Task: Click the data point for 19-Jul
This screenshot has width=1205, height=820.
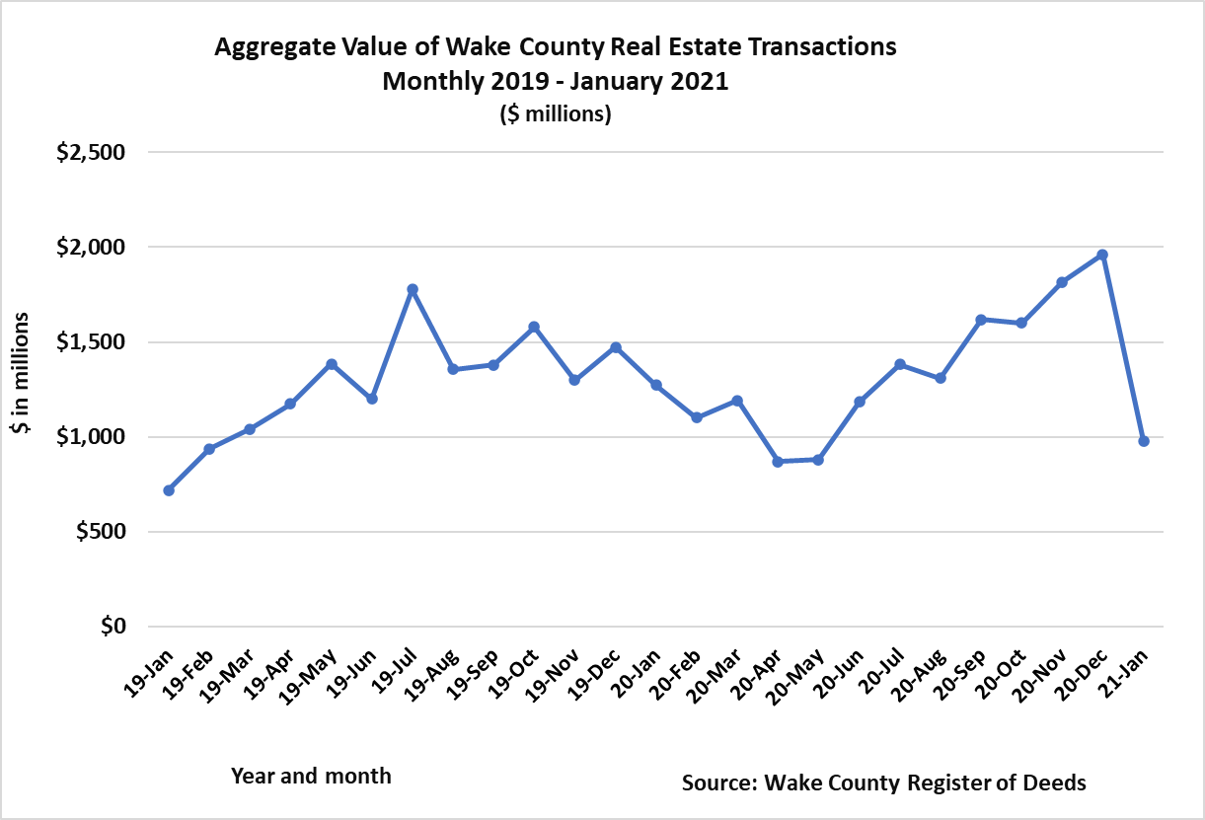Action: coord(413,289)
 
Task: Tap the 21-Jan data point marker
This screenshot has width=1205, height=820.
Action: coord(1144,441)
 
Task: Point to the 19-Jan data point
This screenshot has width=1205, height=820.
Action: coord(169,490)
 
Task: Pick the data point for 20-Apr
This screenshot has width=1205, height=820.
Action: coord(778,461)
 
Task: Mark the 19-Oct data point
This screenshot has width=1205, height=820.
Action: coord(534,327)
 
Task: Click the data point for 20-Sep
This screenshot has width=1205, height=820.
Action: coord(981,320)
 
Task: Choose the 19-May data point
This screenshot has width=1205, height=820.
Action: coord(332,364)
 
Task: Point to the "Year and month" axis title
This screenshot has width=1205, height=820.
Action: coord(311,777)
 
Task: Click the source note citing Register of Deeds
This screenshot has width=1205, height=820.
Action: coord(883,783)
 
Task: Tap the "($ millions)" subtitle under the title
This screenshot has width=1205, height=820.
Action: coord(556,114)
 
